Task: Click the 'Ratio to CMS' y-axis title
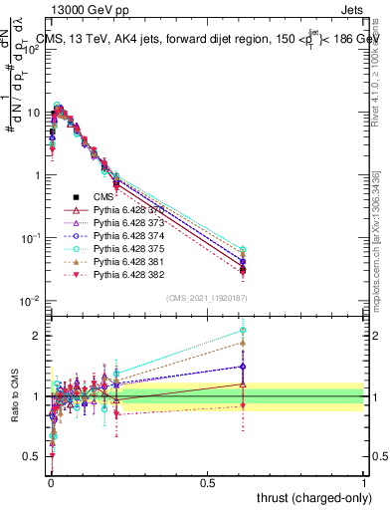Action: (13, 395)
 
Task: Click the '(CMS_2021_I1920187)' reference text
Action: (207, 297)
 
